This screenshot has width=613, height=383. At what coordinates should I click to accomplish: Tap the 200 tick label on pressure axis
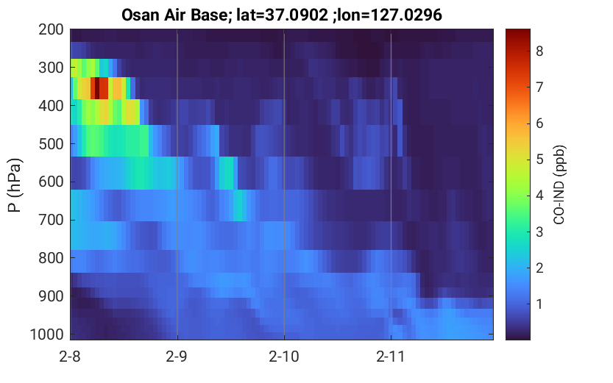(x=51, y=29)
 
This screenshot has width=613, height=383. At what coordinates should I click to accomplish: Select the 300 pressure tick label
(x=51, y=68)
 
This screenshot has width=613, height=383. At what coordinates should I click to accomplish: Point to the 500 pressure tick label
(x=51, y=143)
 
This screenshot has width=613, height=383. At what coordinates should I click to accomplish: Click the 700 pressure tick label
(x=51, y=221)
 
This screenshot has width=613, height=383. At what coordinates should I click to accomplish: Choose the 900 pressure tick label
(x=51, y=296)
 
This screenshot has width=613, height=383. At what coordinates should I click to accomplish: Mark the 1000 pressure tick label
(x=47, y=334)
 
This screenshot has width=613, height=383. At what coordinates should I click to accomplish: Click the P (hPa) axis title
(x=15, y=185)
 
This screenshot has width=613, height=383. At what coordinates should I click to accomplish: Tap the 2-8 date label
(x=70, y=357)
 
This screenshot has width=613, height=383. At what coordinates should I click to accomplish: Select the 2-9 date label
(x=177, y=357)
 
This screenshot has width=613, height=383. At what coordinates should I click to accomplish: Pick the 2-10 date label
(x=284, y=357)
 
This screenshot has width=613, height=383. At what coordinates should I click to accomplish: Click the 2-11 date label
(x=391, y=357)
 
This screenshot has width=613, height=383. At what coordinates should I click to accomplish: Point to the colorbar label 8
(x=539, y=51)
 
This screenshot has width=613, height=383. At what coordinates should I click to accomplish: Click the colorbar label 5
(x=539, y=160)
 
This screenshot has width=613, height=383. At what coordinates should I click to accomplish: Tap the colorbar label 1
(x=539, y=304)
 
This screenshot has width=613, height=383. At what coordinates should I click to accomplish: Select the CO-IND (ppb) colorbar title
(x=559, y=185)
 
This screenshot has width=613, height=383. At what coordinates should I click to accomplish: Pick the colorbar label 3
(x=539, y=232)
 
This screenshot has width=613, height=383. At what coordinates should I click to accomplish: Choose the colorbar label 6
(x=539, y=124)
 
